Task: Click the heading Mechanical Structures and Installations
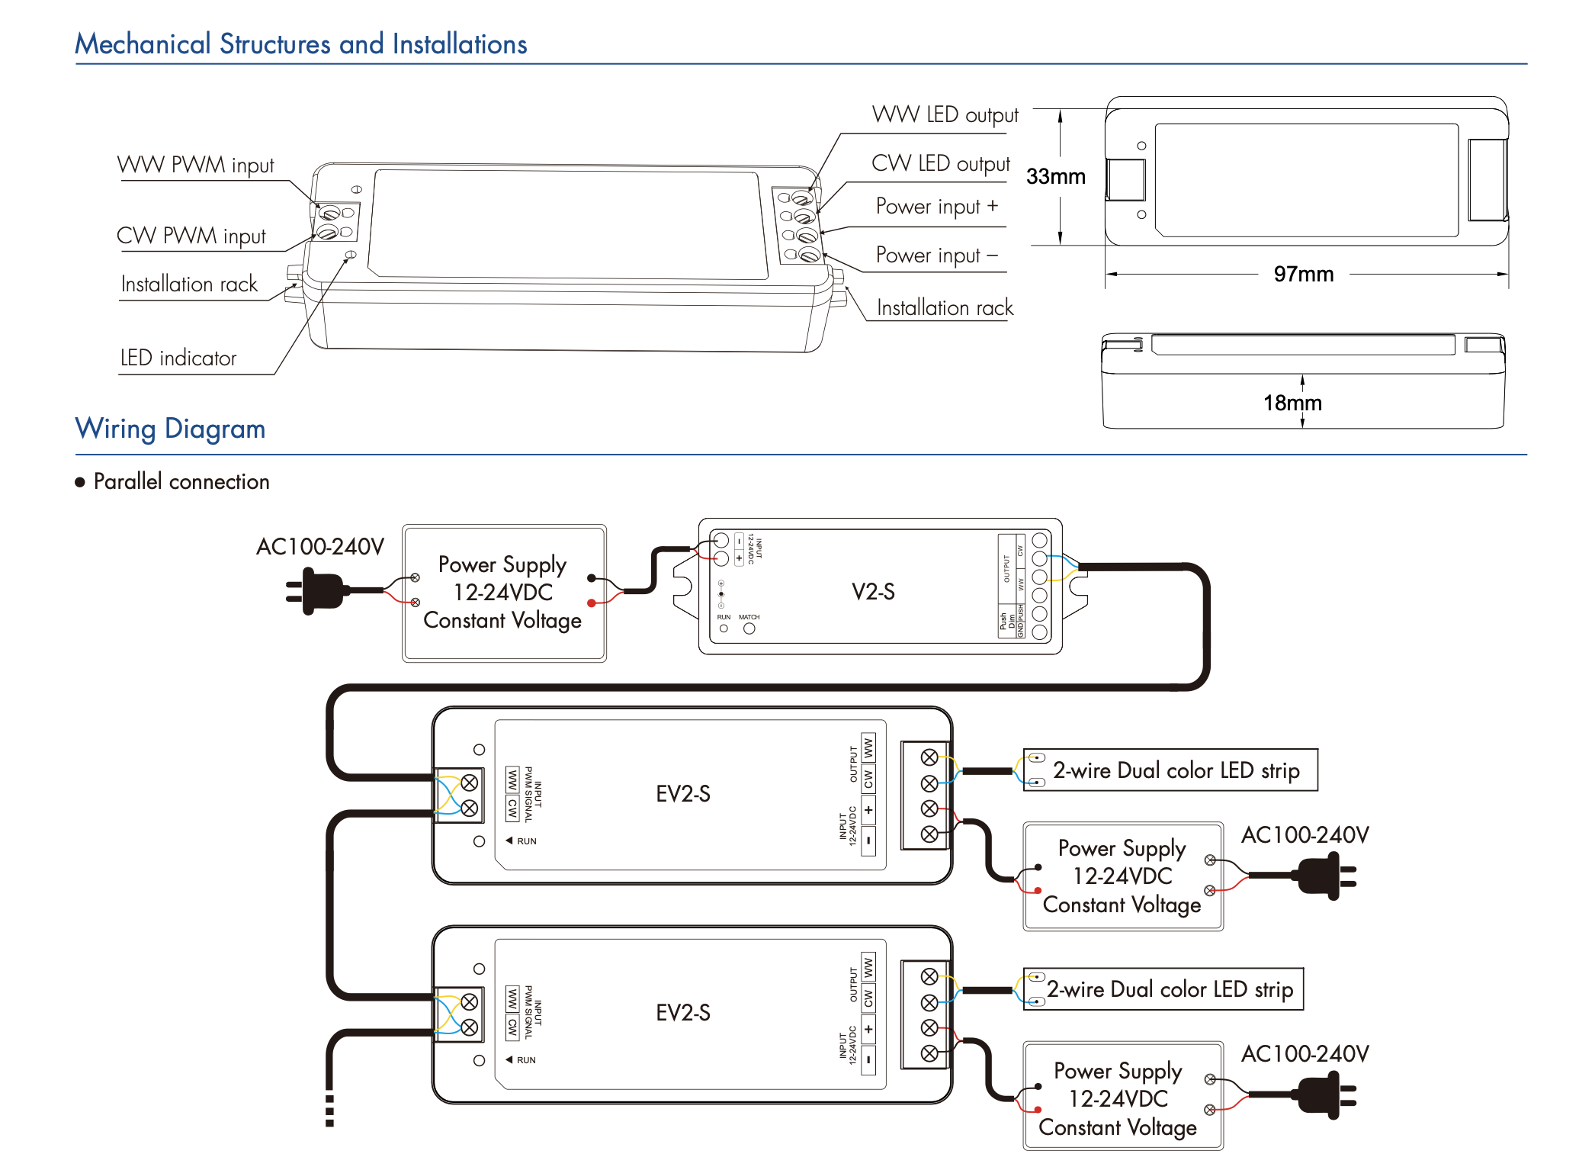coord(300,44)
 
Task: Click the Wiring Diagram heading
coord(170,429)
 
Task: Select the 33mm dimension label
coord(1055,177)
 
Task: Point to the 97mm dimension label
coord(1303,275)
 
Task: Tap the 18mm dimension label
coord(1292,403)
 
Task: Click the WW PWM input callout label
coord(195,166)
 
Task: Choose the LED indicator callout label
coord(178,358)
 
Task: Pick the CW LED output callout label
coord(940,164)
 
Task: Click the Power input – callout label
coord(936,256)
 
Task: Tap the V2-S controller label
coord(873,592)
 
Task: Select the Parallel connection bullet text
coord(181,482)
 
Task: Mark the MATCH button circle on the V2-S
coord(749,628)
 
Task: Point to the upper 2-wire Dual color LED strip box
coord(1170,770)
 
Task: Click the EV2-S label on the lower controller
coord(683,1013)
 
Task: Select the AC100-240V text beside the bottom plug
coord(1305,1054)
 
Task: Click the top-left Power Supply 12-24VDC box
coord(503,593)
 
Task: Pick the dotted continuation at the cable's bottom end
coord(329,1111)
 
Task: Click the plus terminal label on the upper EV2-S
coord(868,810)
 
